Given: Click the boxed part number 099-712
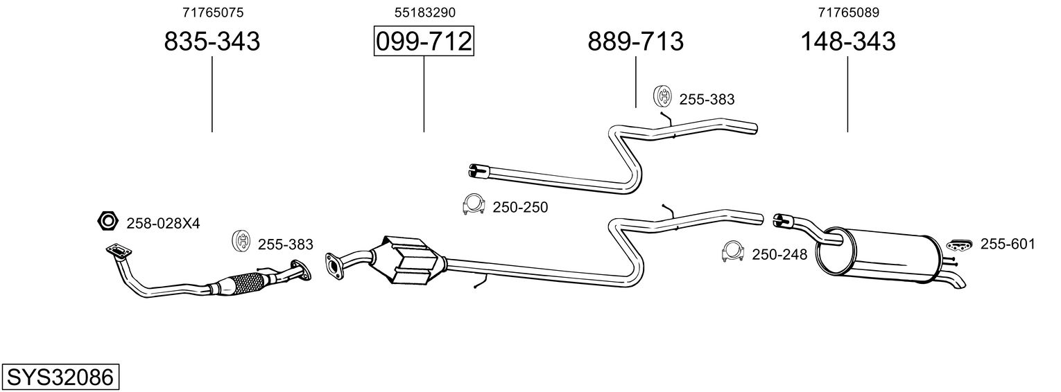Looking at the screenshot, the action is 424,41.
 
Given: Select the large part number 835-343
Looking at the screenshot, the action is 212,41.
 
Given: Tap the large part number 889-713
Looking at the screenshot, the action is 636,41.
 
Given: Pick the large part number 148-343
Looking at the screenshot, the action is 848,41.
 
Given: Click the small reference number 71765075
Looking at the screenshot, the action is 213,12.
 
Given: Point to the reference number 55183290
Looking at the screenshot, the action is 425,12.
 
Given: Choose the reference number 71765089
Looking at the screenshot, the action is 848,12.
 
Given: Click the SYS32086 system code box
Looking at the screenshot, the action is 60,377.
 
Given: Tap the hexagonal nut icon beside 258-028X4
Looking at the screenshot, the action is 107,221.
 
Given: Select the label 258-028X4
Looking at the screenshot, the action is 163,224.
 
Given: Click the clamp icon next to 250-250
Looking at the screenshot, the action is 473,205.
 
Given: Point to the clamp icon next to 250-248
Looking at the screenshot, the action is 733,251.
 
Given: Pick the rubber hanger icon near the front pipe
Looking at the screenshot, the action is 241,241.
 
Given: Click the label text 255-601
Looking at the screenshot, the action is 1008,244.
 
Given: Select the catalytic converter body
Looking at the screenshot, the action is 411,260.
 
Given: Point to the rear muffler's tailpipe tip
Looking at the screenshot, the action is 959,285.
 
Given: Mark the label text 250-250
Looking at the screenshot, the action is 520,208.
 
